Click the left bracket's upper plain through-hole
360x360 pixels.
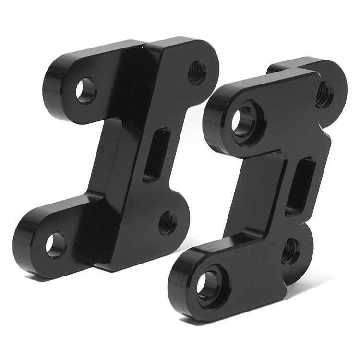(x=86, y=90)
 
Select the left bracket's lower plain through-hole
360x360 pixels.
(x=56, y=244)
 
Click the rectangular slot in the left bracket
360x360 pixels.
(x=156, y=155)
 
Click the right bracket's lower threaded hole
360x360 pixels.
(x=290, y=251)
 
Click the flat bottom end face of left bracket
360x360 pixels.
(x=115, y=267)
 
